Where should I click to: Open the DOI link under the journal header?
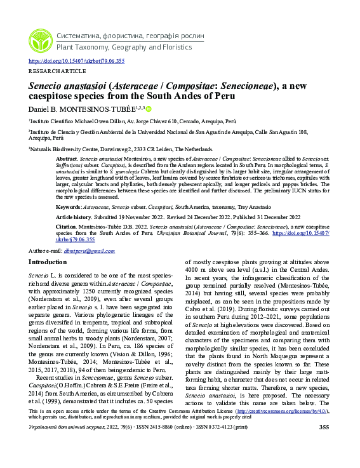tap(76, 61)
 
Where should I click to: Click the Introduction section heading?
tap(51, 262)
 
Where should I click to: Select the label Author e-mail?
tap(45, 251)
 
